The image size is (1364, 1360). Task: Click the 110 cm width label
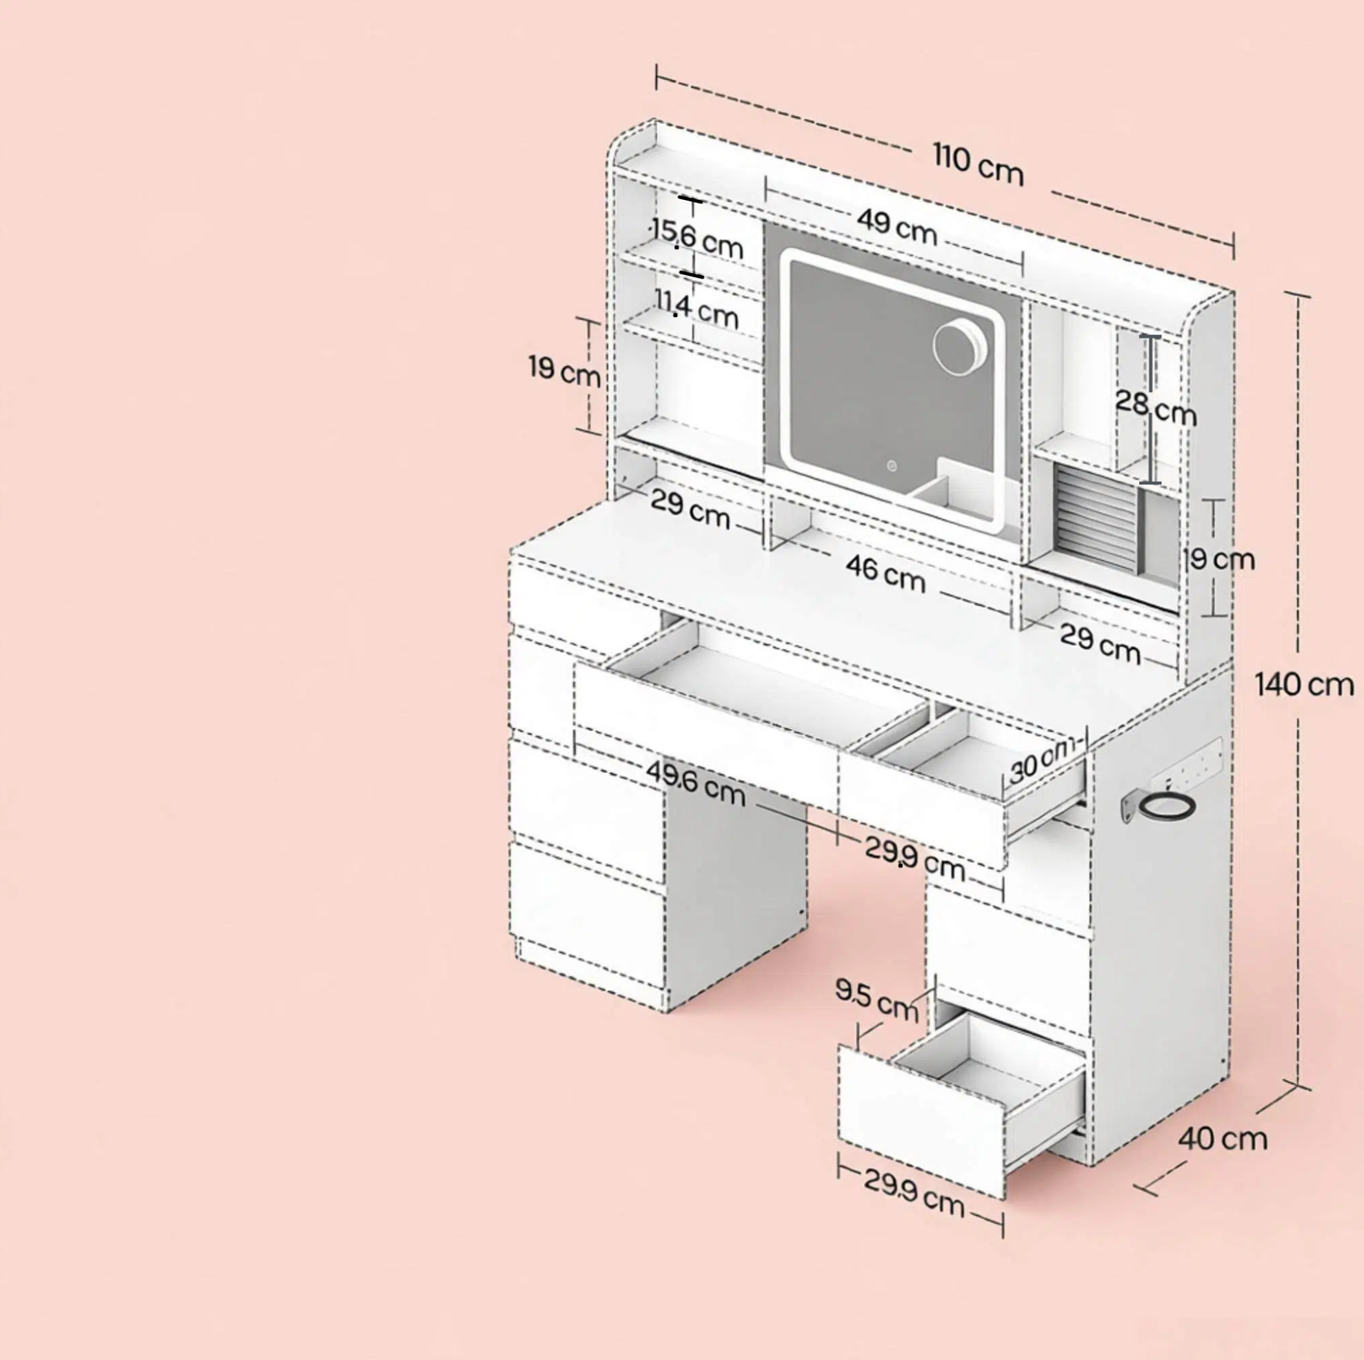[978, 164]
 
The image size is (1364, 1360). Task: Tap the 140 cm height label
[1304, 684]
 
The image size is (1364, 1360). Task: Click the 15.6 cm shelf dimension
[696, 238]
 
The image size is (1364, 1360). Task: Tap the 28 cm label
[1156, 408]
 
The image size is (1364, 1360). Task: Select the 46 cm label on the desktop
[885, 572]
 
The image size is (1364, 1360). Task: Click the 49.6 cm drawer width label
[695, 783]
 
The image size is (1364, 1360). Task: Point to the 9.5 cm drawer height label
[877, 999]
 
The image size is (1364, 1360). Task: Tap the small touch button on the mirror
[892, 465]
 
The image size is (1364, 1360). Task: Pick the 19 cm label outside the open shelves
[565, 371]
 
